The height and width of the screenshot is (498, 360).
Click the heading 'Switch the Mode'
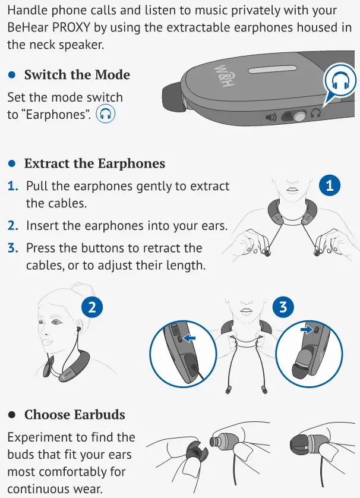coord(77,75)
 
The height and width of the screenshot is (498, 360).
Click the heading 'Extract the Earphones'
coord(94,163)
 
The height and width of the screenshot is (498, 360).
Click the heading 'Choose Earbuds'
coord(75,414)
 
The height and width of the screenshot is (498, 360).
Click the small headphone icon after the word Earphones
coord(106,114)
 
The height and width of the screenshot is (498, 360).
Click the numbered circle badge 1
coord(330,186)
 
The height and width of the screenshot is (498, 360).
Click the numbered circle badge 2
coord(92,307)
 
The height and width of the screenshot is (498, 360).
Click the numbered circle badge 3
coord(283,307)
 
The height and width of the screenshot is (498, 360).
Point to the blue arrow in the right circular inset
coord(307,328)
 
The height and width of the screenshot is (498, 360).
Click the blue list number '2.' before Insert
coord(13,226)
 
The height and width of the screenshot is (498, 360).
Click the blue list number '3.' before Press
coord(13,248)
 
